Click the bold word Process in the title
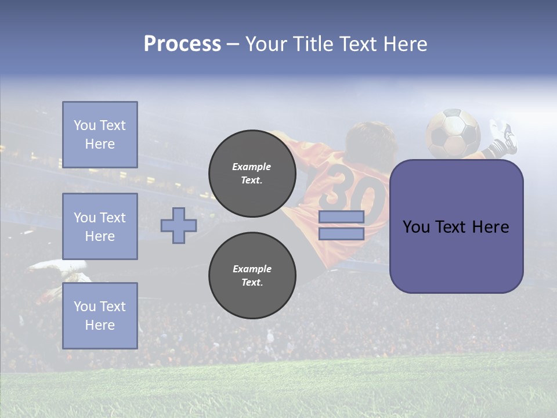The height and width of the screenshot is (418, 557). click(182, 44)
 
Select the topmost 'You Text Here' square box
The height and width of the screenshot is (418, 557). click(100, 135)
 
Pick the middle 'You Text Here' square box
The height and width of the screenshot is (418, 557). click(100, 226)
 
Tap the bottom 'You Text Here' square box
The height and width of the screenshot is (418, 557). click(100, 316)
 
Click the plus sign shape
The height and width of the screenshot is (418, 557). click(179, 225)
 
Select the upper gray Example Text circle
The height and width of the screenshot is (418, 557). click(252, 174)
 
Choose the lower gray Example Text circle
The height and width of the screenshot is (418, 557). click(252, 276)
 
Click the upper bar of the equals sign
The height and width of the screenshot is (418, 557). click(341, 217)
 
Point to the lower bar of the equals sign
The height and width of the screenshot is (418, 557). click(341, 234)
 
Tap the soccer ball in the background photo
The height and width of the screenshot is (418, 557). click(453, 133)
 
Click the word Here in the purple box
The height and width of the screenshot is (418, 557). click(490, 227)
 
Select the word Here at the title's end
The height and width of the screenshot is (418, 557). click(404, 44)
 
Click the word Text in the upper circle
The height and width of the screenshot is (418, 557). click(251, 180)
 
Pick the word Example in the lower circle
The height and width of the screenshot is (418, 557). click(252, 269)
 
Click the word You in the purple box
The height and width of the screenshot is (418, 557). click(415, 227)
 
